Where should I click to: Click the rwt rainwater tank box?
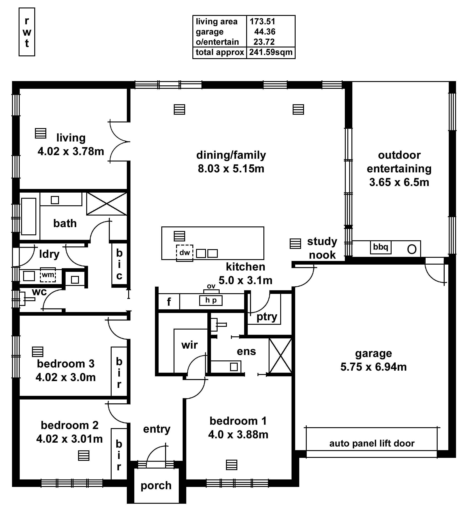coord(27,32)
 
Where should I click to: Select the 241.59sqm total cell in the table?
coord(270,52)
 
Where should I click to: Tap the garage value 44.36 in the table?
coord(265,32)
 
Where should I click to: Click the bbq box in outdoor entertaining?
coord(380,247)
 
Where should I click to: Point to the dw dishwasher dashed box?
coord(184,253)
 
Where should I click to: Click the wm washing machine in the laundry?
coord(48,275)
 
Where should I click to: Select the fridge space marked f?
coord(169,302)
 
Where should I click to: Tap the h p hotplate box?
coord(211,300)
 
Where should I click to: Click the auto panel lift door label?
coord(372,443)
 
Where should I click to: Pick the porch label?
coord(156,485)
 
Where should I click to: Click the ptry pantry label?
coord(267,317)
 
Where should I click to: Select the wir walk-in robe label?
coord(189,345)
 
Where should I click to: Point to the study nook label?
coord(322,248)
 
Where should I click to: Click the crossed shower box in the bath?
coord(107,203)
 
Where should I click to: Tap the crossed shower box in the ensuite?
coord(280,356)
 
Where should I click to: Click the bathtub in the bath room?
coord(29,216)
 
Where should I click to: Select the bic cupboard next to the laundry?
coord(119,264)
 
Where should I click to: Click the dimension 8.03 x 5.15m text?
coord(231,169)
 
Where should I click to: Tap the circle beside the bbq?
coord(412,249)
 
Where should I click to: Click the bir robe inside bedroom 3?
coord(119,372)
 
